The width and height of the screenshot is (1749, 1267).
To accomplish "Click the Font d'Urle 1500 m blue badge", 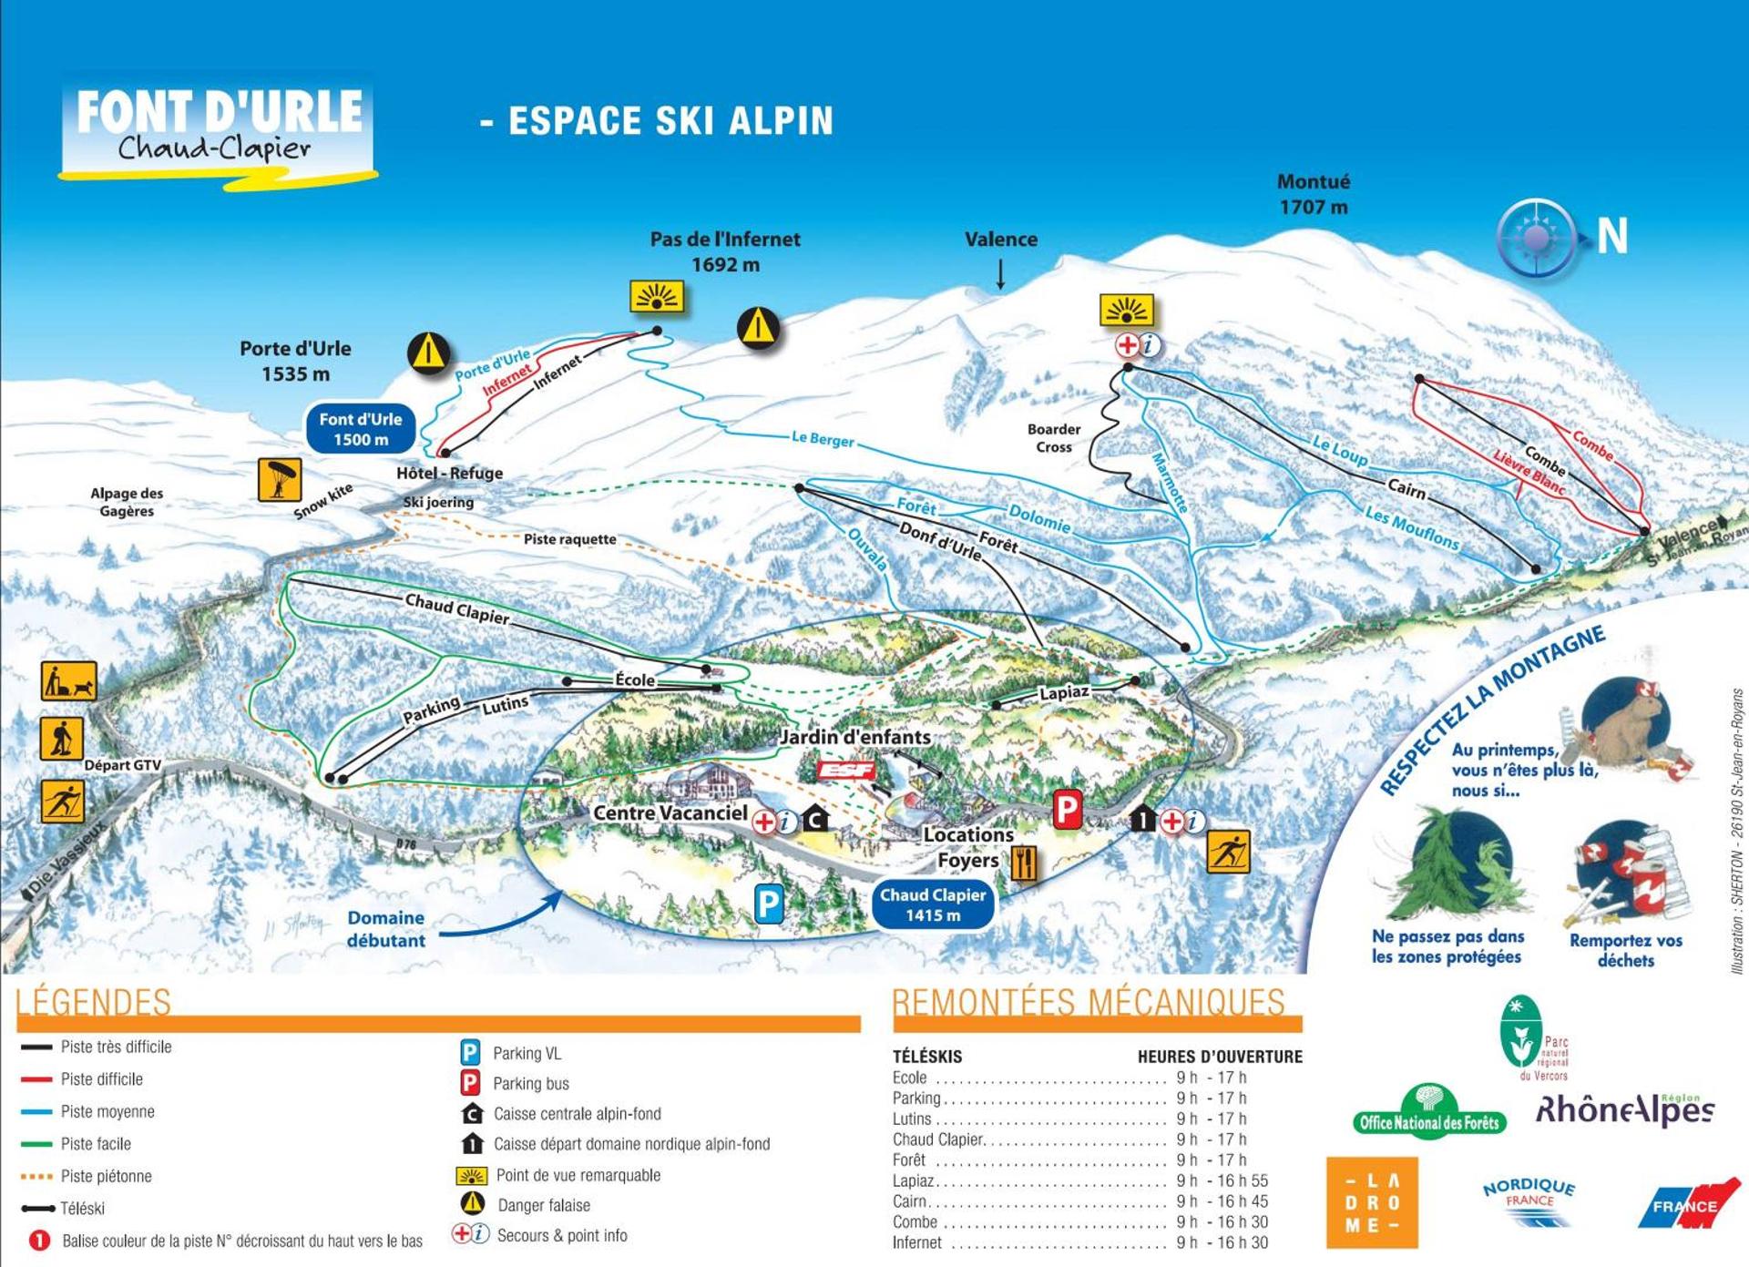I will pos(360,429).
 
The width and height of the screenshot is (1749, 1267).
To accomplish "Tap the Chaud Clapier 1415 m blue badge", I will pos(932,904).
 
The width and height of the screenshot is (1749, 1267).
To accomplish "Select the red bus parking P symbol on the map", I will pos(1067,809).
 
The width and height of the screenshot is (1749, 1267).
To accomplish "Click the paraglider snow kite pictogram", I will pos(280,480).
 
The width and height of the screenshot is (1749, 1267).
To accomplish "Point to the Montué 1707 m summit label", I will pos(1313,194).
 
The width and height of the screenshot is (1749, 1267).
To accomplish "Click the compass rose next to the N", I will pos(1536,238).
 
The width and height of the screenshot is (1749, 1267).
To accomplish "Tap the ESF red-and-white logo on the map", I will pos(846,771).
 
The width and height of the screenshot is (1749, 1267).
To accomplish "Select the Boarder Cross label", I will pos(1054,438).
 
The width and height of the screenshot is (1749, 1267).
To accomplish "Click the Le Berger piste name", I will pos(823,439).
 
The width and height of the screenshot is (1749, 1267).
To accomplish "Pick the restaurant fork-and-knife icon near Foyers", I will pos(1025,862).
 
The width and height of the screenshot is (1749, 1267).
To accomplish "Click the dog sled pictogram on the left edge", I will pos(68,681).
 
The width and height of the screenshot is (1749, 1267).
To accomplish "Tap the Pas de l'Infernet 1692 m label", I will pos(725,251).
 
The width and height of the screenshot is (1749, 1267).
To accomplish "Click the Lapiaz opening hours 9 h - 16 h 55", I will pos(1222,1180).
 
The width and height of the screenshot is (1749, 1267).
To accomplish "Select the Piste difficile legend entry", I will pos(101,1079).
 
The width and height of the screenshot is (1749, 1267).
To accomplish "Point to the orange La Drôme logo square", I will pos(1372,1202).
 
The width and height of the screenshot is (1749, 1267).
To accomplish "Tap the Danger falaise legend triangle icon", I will pos(472,1204).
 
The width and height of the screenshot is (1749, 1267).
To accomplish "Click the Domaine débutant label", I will pos(386,929).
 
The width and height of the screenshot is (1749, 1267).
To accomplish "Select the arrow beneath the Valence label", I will pos(1000,274).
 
